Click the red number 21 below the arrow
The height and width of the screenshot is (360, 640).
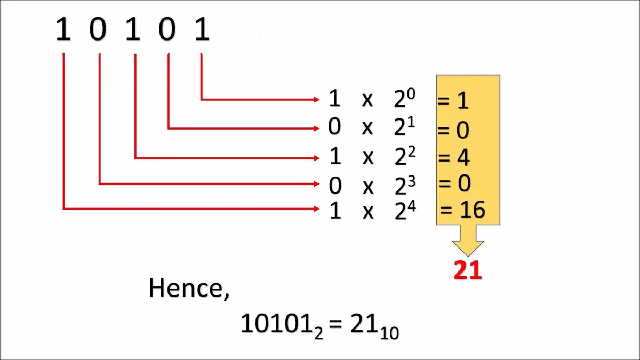click(468, 270)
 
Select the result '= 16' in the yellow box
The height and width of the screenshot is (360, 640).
click(462, 210)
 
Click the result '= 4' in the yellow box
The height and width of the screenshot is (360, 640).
click(454, 157)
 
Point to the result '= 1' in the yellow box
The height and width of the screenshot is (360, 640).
click(453, 101)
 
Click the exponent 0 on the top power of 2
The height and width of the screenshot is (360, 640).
click(411, 94)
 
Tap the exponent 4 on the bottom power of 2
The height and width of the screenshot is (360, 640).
click(412, 206)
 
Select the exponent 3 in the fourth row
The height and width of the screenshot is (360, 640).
click(411, 181)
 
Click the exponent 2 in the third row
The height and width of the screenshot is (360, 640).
click(411, 152)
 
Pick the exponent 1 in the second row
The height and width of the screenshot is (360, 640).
click(411, 123)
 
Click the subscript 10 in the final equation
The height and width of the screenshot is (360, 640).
click(389, 333)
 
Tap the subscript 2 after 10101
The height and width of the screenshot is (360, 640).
click(318, 333)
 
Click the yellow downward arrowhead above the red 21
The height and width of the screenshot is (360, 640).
click(468, 249)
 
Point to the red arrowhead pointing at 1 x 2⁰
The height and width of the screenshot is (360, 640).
click(317, 99)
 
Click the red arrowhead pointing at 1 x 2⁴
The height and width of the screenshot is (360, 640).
click(317, 209)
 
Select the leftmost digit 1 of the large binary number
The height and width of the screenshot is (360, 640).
click(63, 29)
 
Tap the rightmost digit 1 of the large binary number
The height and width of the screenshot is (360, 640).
click(202, 29)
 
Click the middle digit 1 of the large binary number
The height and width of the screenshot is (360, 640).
click(133, 29)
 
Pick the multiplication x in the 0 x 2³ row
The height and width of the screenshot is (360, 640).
click(368, 187)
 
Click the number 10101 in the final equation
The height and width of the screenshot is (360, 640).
click(277, 323)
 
